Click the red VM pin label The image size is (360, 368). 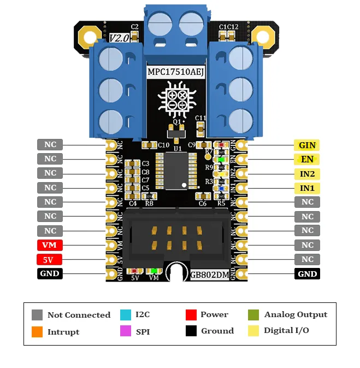[x=50, y=245]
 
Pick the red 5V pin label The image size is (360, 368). [x=50, y=259]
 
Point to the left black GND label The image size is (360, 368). [x=50, y=273]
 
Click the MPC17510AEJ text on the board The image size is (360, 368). [x=176, y=72]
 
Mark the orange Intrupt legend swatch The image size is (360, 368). [x=37, y=331]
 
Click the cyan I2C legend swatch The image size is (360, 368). [x=126, y=314]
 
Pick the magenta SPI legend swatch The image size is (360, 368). [x=126, y=331]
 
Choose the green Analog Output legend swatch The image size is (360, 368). [x=253, y=314]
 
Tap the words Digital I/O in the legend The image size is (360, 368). [x=286, y=330]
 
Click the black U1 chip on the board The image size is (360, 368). [x=176, y=171]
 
